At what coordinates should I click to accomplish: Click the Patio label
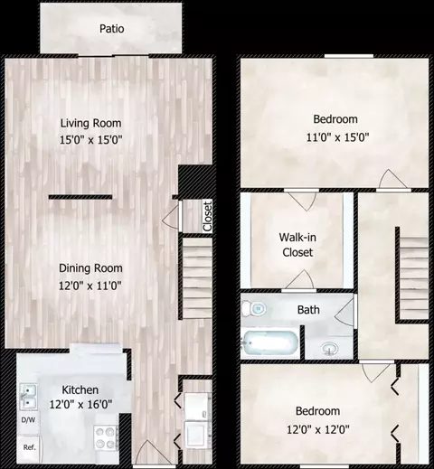point(111,29)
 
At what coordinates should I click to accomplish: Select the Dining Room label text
point(90,267)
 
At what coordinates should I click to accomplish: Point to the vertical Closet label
point(207,215)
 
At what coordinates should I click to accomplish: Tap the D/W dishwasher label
point(27,419)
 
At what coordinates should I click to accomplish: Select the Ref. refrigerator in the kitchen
point(29,447)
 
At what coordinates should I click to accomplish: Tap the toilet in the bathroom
point(258,309)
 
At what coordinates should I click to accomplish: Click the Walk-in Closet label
point(296,245)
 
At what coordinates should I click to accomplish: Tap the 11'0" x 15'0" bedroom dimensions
point(335,137)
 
